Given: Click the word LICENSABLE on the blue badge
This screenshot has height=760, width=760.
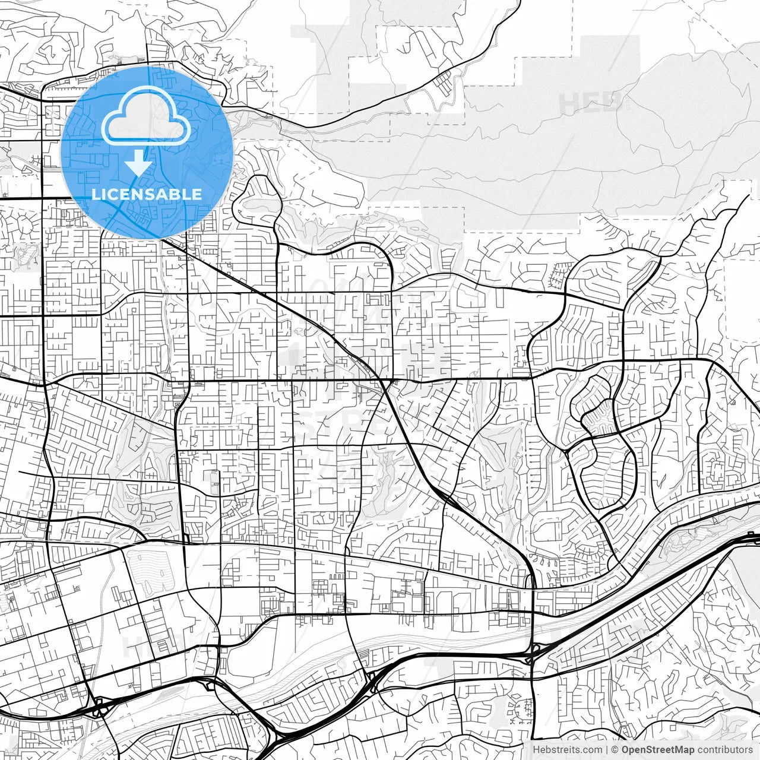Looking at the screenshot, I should pos(147,194).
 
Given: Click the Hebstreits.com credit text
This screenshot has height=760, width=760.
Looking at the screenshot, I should pos(567,750).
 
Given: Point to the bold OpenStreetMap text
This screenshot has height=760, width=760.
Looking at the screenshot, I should pos(658,750).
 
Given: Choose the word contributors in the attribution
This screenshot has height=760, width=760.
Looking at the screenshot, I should pos(724,750).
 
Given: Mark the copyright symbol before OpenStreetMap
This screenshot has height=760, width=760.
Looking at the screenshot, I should pos(616,750).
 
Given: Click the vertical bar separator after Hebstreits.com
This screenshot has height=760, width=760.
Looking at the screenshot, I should pos(606,750).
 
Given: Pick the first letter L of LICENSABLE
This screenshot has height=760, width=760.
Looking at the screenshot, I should pos(96,194).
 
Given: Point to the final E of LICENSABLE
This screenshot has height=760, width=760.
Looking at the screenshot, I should pos(198,194).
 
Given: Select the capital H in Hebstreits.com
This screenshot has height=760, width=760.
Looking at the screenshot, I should pos(536,750).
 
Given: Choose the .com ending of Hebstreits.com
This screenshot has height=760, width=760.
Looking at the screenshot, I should pos(591,750).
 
